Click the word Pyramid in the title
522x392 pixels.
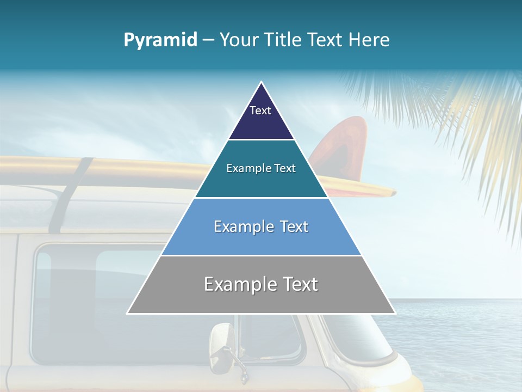[x=160, y=40]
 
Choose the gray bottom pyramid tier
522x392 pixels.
[x=261, y=299]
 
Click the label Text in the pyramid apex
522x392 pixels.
[x=260, y=111]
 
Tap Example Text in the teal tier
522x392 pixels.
[x=261, y=168]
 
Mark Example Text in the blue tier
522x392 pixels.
[x=261, y=226]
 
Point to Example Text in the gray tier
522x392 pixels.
[x=261, y=284]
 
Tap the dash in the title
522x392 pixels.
[x=208, y=40]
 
